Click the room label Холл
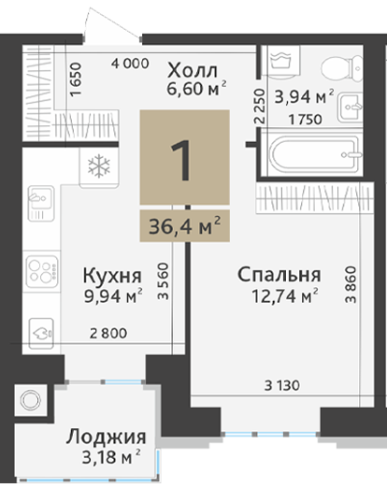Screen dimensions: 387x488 tap(193, 71)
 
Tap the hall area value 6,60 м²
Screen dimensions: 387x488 tap(196, 89)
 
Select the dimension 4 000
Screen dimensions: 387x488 tap(130, 64)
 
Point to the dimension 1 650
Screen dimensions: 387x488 tap(76, 79)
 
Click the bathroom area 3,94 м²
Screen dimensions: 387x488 tap(304, 96)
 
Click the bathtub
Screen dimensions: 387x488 tap(315, 154)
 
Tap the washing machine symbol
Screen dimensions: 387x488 tap(280, 61)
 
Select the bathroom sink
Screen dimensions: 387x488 tap(350, 107)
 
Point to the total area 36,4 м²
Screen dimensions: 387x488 tap(185, 226)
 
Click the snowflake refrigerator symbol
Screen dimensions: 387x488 tap(99, 165)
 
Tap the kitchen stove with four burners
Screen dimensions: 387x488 tap(42, 271)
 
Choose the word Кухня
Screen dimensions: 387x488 tap(112, 276)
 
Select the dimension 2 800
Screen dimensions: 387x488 tap(108, 334)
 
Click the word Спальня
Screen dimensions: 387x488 tap(279, 275)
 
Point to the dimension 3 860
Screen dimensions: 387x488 tap(351, 284)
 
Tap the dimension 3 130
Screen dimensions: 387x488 tap(282, 385)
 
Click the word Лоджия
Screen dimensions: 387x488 tap(106, 437)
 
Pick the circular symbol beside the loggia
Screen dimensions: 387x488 tap(31, 400)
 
